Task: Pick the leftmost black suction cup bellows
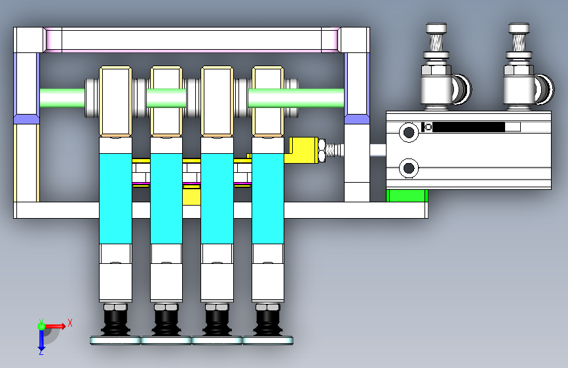point(115,324)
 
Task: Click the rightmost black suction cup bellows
point(268,324)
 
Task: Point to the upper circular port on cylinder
point(409,133)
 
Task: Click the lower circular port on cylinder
point(409,168)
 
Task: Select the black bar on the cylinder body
point(468,127)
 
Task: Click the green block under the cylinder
point(407,195)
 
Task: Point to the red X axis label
point(70,322)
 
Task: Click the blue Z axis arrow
point(41,339)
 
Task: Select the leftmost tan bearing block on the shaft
point(116,101)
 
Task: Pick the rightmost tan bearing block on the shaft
point(267,101)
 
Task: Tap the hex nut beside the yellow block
point(323,150)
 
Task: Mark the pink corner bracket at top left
point(52,40)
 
